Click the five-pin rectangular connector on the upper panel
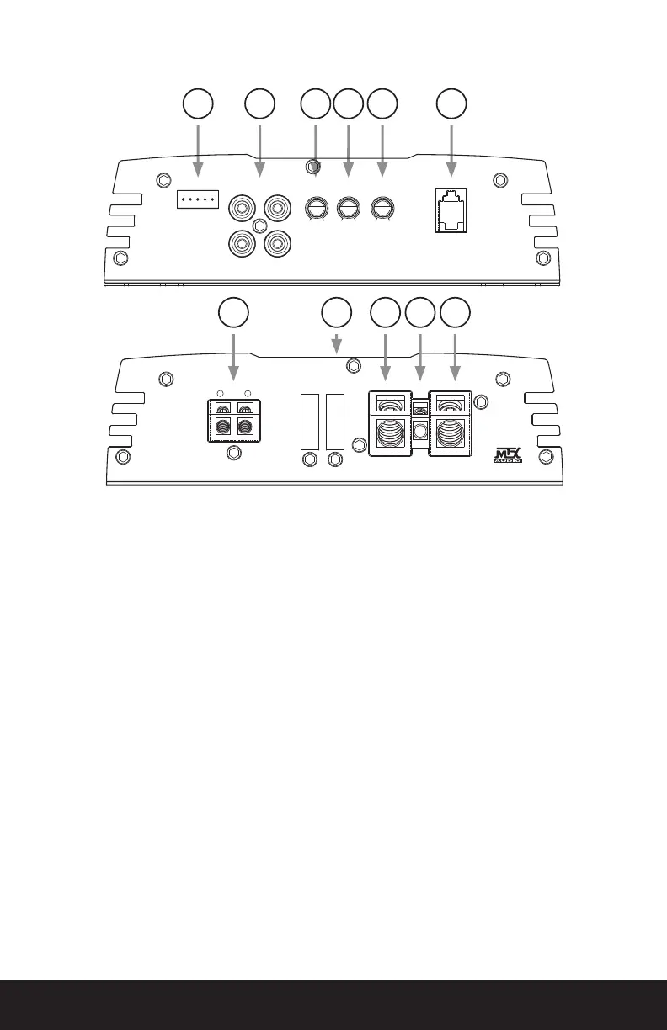click(198, 199)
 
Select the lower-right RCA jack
click(277, 243)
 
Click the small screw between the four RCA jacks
click(260, 226)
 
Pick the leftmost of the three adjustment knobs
click(315, 207)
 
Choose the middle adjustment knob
click(349, 207)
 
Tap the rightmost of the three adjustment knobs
click(383, 207)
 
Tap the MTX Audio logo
click(508, 454)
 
